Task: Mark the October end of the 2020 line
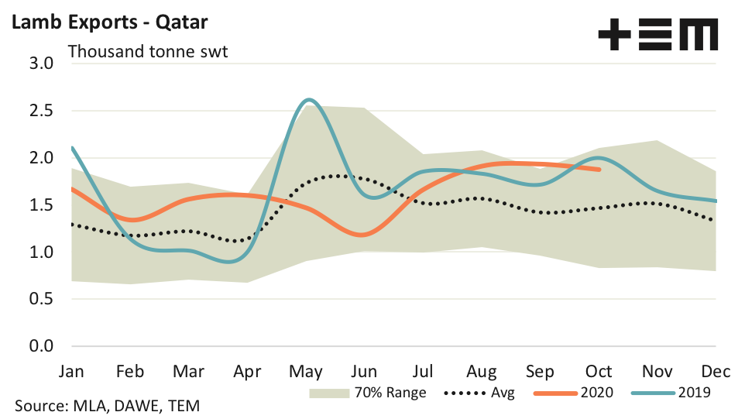pyautogui.click(x=599, y=170)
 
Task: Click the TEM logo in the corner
pyautogui.click(x=658, y=36)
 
